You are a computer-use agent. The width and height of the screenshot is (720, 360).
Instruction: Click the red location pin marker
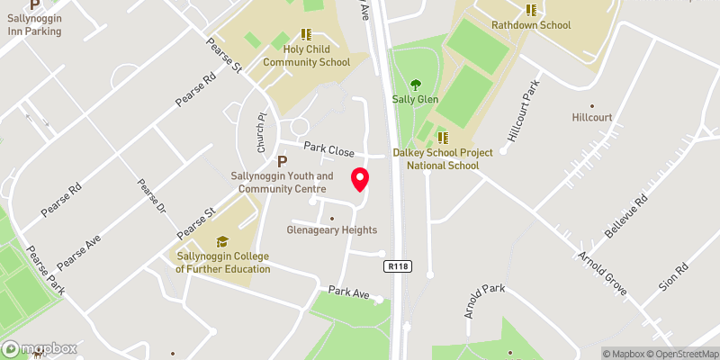click(x=360, y=179)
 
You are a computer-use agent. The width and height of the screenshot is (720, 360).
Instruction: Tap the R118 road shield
click(x=396, y=266)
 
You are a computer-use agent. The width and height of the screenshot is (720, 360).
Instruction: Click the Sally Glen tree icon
click(x=416, y=85)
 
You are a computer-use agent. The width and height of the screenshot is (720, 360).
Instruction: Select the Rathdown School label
click(x=531, y=24)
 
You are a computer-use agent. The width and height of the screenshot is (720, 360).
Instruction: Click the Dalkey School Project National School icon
click(x=443, y=137)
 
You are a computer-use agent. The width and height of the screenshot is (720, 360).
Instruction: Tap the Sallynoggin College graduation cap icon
click(x=221, y=241)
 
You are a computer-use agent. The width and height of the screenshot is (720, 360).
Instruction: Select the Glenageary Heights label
click(x=332, y=230)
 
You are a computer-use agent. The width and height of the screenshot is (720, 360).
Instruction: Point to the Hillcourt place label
click(x=592, y=117)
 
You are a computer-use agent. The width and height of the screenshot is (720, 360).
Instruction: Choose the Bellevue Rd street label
click(x=626, y=217)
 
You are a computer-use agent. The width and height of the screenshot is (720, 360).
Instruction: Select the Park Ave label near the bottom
click(x=348, y=292)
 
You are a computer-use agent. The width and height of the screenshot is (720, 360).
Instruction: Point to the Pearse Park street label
click(x=45, y=271)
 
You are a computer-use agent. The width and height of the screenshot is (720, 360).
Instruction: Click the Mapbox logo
click(x=40, y=348)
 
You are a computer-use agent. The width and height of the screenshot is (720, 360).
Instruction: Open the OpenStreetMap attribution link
click(x=681, y=354)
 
